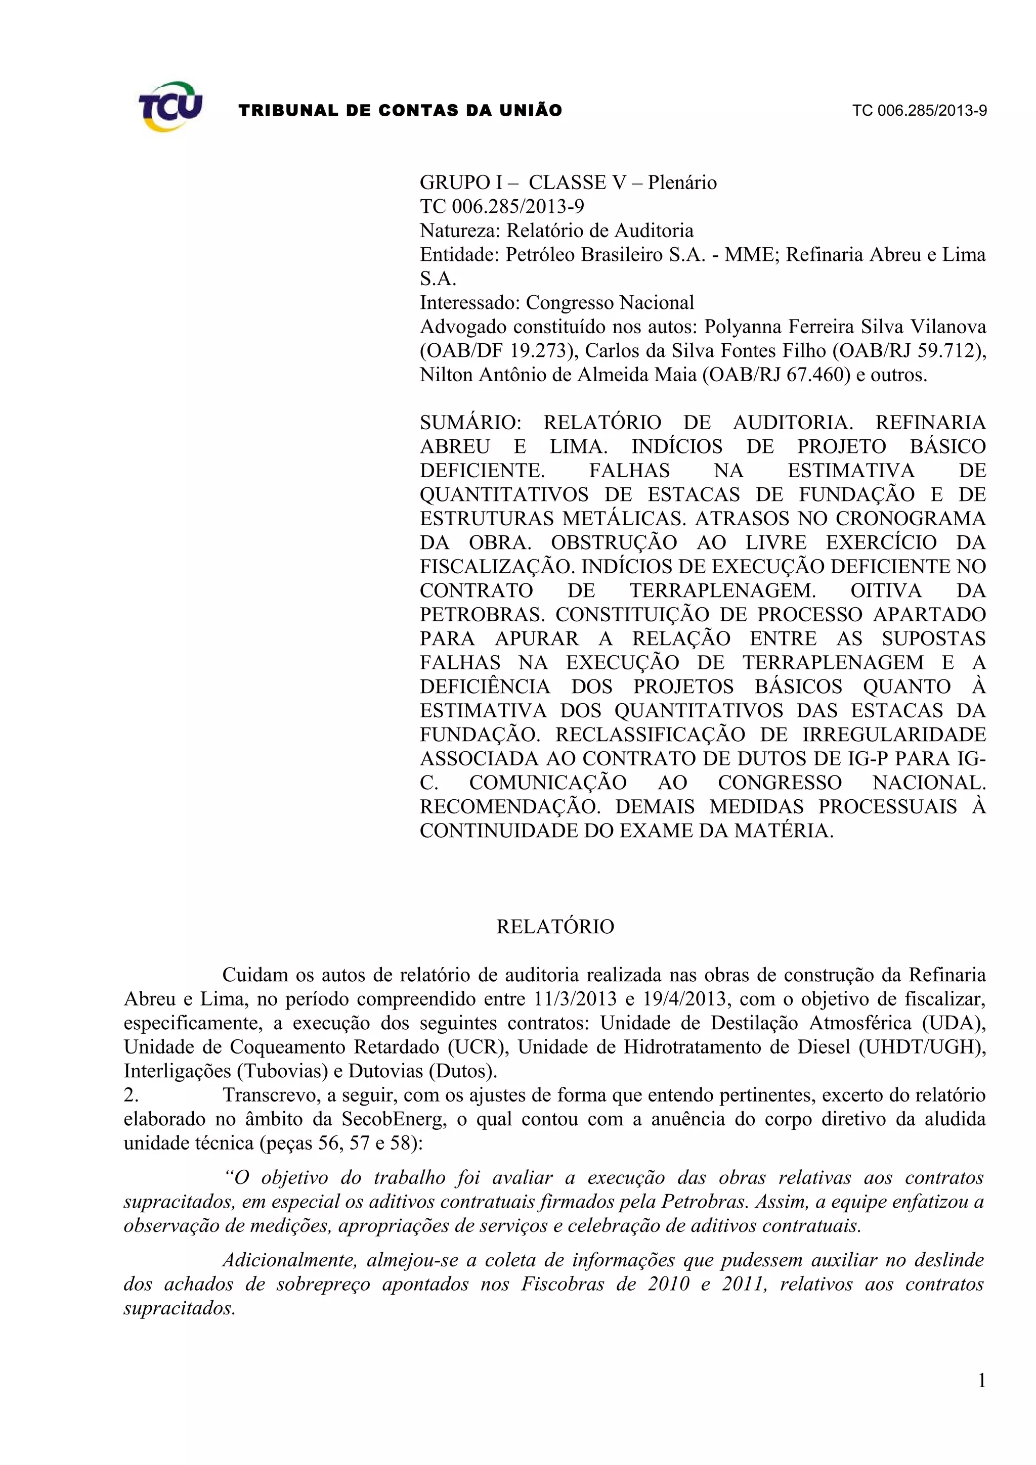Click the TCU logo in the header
pos(170,107)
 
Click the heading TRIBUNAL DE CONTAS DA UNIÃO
pos(400,110)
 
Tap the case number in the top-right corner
pos(919,110)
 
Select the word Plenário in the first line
pos(682,183)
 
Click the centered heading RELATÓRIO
pos(555,927)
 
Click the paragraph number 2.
pos(131,1095)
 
